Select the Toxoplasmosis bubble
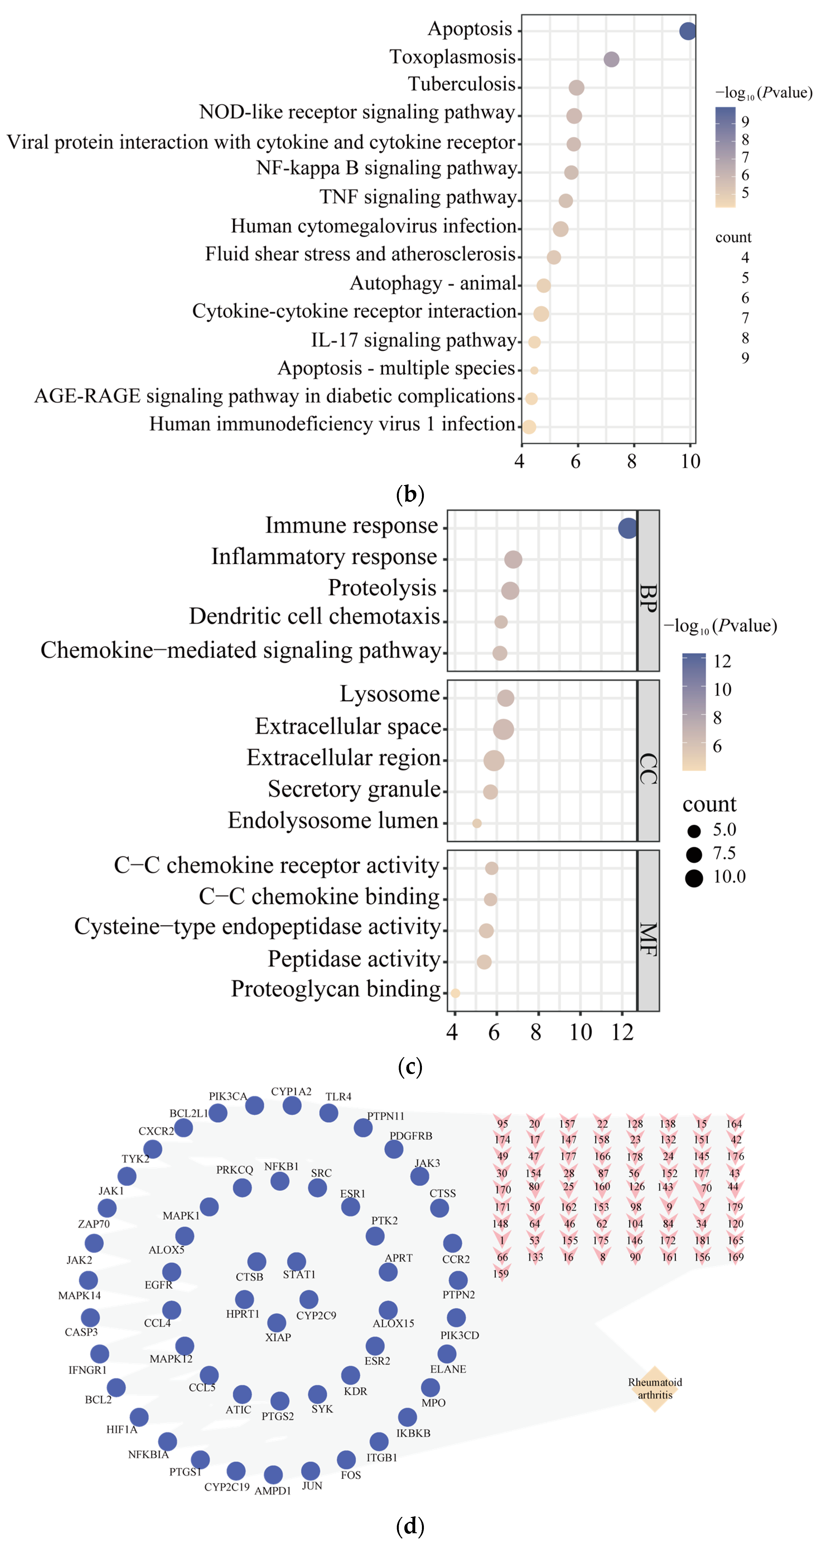[611, 59]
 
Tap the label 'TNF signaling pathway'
[418, 197]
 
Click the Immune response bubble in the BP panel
[628, 528]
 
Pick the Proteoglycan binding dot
[455, 993]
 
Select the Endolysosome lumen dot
[477, 823]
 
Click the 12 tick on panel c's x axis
[622, 1032]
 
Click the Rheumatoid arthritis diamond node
[655, 1388]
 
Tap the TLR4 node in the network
[329, 1113]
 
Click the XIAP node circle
[276, 1322]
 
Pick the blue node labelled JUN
[310, 1470]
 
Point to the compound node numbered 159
[501, 1273]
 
